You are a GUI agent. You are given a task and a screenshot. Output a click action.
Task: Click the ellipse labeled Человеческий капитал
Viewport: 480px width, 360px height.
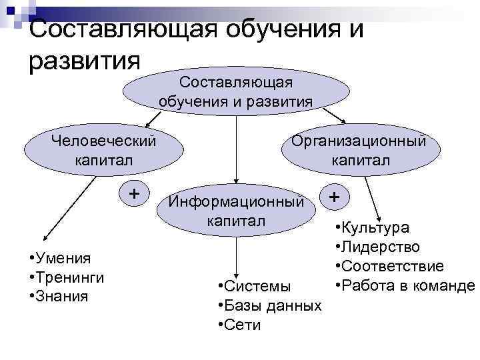tap(104, 151)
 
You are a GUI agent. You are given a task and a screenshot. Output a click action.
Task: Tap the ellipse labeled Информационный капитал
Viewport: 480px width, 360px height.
tap(236, 211)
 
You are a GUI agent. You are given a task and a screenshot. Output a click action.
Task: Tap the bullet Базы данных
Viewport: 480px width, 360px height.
tap(270, 306)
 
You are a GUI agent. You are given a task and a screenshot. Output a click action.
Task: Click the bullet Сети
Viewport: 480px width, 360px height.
tap(240, 325)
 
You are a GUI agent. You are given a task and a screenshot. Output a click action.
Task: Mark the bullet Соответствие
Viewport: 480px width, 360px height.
tap(389, 267)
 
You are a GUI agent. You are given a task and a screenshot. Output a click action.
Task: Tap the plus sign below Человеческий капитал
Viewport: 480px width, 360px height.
tap(134, 193)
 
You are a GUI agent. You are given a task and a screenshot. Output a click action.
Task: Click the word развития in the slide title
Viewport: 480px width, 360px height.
tap(85, 60)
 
